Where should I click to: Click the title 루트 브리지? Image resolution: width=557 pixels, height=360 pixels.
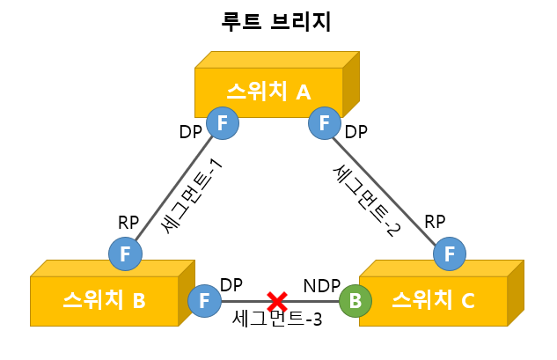(276, 22)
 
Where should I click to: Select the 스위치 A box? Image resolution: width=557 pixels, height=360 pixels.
(269, 92)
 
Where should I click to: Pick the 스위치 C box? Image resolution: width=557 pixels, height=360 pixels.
(432, 302)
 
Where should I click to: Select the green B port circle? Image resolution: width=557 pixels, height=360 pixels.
(355, 300)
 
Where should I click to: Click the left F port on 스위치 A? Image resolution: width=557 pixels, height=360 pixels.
(223, 122)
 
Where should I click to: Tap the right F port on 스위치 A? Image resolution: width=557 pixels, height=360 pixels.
(325, 122)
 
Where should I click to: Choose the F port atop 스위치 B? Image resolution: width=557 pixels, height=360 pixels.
(125, 253)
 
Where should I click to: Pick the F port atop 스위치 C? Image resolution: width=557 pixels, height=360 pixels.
(450, 253)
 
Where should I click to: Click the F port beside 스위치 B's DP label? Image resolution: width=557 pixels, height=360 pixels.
(205, 300)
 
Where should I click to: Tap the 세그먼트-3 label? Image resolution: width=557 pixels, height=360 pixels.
(277, 319)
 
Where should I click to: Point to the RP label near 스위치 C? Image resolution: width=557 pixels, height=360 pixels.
(435, 222)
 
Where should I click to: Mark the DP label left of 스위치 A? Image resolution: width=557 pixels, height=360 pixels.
(191, 132)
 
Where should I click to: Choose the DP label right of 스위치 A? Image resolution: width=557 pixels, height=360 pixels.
(355, 132)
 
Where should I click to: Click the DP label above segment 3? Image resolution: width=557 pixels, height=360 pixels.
(231, 285)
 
